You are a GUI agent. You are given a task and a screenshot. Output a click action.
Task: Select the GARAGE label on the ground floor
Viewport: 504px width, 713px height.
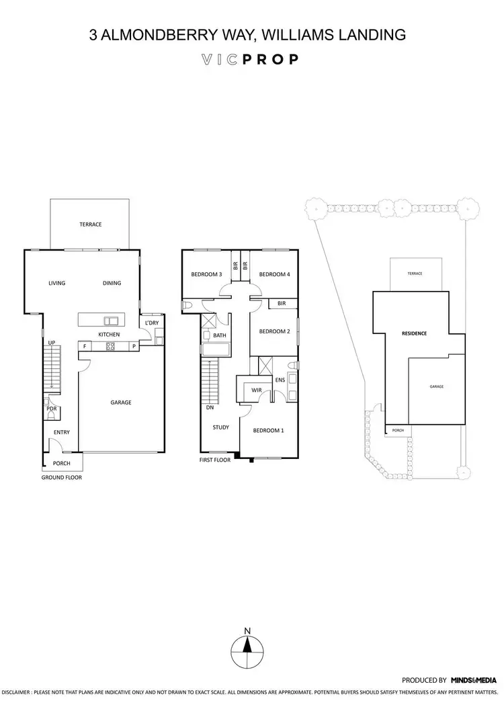(121, 403)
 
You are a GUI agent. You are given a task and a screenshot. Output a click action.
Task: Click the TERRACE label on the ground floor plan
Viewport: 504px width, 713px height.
(91, 224)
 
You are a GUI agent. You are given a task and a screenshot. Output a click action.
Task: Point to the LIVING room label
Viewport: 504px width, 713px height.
(56, 284)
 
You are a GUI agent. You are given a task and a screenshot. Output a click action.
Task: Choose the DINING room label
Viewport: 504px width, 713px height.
(112, 284)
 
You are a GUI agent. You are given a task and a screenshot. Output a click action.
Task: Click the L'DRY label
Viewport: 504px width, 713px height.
(152, 323)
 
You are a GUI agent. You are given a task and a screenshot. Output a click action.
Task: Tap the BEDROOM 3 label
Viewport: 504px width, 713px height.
(206, 274)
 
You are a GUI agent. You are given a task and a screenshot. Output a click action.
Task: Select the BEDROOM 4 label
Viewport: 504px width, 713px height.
(274, 274)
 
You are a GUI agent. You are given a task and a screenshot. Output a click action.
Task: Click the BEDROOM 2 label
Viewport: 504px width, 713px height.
(274, 331)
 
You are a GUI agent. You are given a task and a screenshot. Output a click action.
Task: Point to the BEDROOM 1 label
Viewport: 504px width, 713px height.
(269, 431)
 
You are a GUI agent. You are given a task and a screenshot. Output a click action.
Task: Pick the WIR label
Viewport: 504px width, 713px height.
(255, 390)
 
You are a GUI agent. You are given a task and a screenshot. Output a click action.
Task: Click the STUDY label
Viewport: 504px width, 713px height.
(220, 427)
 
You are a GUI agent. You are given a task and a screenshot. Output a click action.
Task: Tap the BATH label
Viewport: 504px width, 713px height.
(220, 335)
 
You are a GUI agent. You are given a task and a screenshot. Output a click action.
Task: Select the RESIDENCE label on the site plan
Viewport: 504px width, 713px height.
(415, 333)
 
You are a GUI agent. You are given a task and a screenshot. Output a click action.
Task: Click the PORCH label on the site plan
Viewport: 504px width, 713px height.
(397, 431)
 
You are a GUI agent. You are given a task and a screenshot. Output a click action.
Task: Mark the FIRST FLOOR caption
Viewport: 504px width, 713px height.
(215, 460)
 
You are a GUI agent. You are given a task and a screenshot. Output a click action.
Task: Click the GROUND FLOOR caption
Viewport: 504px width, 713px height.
(62, 478)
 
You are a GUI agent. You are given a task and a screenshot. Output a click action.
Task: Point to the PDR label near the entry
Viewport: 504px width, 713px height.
(51, 408)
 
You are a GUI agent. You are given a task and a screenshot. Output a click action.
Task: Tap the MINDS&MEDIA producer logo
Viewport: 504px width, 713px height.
(473, 680)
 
